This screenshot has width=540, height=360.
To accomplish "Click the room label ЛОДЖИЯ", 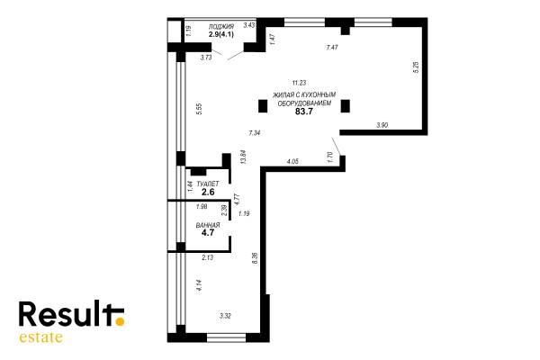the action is pyautogui.click(x=221, y=26).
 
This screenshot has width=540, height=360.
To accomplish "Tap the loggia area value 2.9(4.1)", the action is pyautogui.click(x=221, y=34).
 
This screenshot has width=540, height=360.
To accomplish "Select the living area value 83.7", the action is pyautogui.click(x=304, y=112).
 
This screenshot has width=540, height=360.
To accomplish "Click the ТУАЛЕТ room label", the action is pyautogui.click(x=208, y=184).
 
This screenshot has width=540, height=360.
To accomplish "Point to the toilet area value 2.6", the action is pyautogui.click(x=208, y=193).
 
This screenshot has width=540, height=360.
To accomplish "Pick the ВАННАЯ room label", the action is pyautogui.click(x=208, y=225).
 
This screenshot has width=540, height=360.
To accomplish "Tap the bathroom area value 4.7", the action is pyautogui.click(x=208, y=232).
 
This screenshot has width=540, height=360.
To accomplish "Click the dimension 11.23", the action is pyautogui.click(x=299, y=83).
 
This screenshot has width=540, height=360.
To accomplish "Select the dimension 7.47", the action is pyautogui.click(x=332, y=48).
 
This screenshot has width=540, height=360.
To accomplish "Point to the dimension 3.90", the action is pyautogui.click(x=382, y=125).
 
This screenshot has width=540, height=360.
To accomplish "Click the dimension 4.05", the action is pyautogui.click(x=292, y=161).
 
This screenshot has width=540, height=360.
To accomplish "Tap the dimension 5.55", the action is pyautogui.click(x=201, y=110).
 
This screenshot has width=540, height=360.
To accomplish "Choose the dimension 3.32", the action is pyautogui.click(x=225, y=316).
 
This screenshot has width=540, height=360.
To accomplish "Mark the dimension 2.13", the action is pyautogui.click(x=208, y=257).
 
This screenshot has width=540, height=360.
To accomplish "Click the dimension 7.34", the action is pyautogui.click(x=254, y=132).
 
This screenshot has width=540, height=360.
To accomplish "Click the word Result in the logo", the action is pyautogui.click(x=67, y=313).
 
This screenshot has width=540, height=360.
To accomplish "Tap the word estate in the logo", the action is pyautogui.click(x=41, y=337).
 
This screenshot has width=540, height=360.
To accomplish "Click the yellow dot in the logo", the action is pyautogui.click(x=120, y=322).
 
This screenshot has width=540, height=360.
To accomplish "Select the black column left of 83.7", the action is pyautogui.click(x=263, y=106).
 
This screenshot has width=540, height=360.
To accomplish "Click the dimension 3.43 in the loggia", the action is pyautogui.click(x=249, y=25).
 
